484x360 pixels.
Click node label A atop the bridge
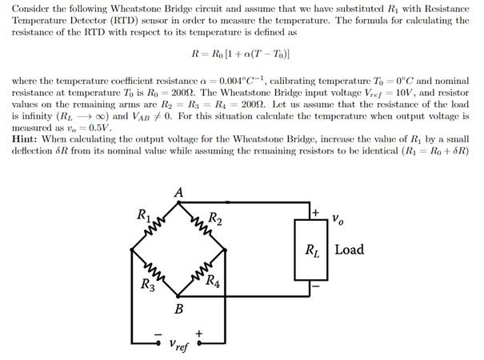click(178, 193)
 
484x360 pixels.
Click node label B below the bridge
click(179, 309)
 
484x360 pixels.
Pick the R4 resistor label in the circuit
click(214, 280)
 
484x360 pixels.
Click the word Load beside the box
click(349, 250)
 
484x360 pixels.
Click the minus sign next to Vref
click(157, 332)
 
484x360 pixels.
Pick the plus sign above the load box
click(316, 213)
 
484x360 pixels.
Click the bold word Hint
click(28, 138)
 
